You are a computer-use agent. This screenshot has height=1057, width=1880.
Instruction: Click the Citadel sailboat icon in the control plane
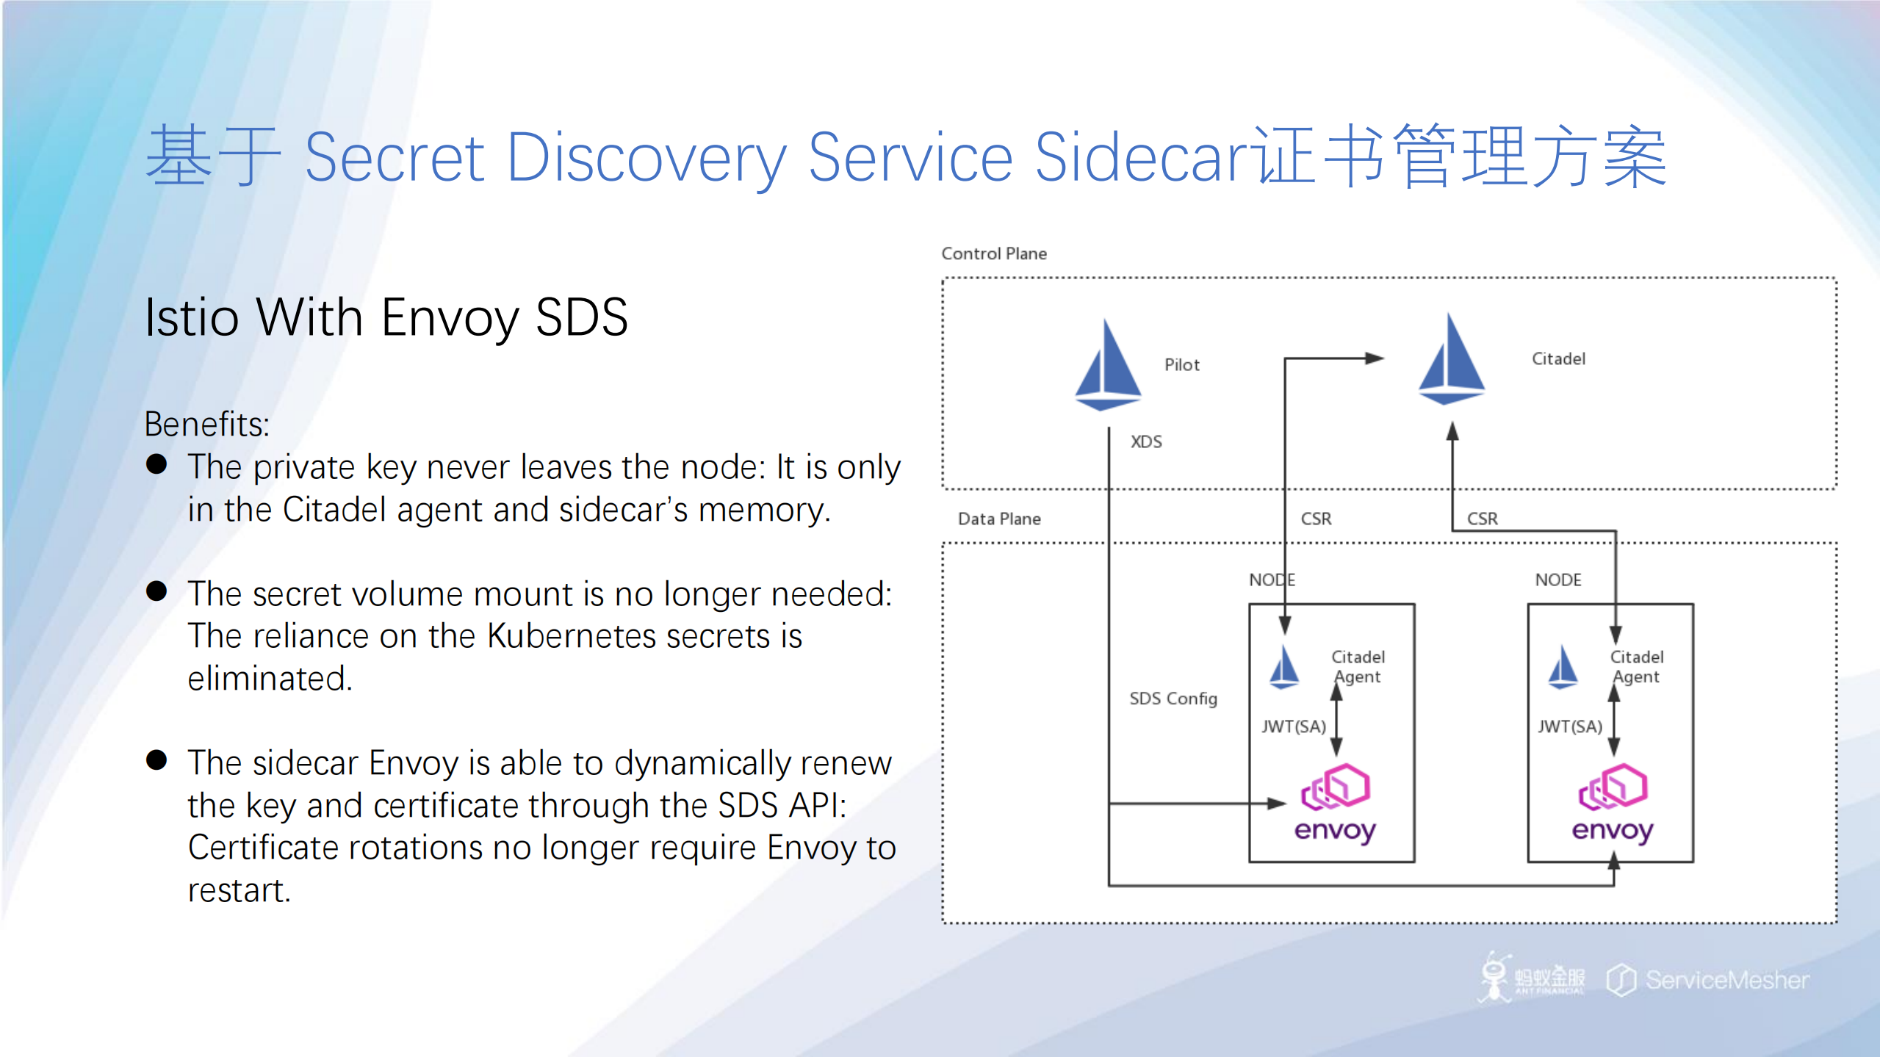1451,360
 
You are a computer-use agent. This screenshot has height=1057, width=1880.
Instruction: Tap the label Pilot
1181,364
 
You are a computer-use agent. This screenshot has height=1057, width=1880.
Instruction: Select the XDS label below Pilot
1146,441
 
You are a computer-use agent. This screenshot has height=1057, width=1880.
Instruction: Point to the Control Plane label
994,253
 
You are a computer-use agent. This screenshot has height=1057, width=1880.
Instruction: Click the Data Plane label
999,519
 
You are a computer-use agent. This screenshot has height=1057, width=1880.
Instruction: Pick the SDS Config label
1173,699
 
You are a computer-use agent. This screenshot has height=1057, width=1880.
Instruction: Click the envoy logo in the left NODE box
1335,804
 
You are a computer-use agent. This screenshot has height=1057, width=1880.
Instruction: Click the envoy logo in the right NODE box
1613,804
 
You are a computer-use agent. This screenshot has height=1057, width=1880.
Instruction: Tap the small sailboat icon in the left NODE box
1284,667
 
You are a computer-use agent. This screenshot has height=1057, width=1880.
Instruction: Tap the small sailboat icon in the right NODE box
1562,667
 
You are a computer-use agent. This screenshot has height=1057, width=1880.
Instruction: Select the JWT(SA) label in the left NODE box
1294,726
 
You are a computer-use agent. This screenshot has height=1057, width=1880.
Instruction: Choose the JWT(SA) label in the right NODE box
1571,726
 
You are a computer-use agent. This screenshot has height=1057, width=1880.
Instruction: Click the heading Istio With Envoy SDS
386,317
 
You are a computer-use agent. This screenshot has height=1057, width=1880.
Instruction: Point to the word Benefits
206,425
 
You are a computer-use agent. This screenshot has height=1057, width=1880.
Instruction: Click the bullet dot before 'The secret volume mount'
156,591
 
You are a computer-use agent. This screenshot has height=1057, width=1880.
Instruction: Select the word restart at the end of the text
239,890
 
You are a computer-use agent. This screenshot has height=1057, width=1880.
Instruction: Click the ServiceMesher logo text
1726,980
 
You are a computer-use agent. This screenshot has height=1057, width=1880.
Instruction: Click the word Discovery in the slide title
647,158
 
